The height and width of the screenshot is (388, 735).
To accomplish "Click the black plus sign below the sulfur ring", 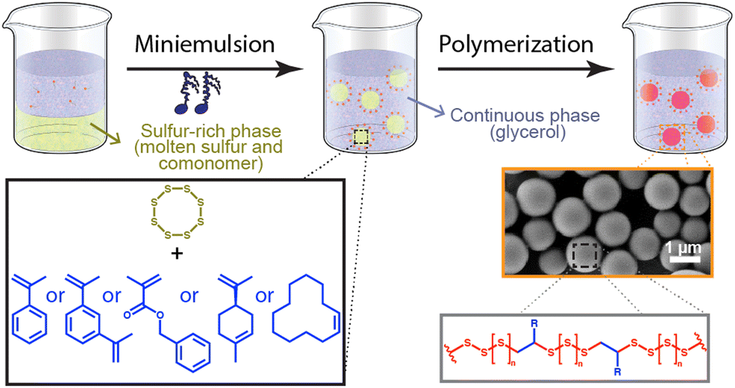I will (177, 254).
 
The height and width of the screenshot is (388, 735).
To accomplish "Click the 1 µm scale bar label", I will (683, 246).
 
